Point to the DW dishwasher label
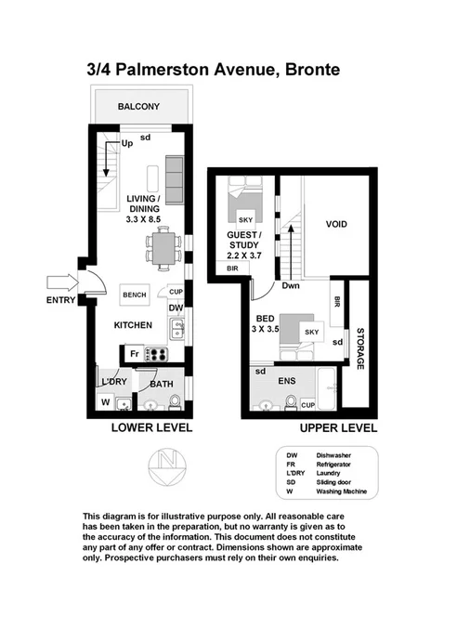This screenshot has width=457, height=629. (x=176, y=308)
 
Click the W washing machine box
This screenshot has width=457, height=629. (x=105, y=402)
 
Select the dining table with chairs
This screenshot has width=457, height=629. (x=163, y=249)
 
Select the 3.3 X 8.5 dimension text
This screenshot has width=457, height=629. (x=144, y=219)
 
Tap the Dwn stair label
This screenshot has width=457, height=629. (x=291, y=287)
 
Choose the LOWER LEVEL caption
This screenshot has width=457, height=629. (x=151, y=428)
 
